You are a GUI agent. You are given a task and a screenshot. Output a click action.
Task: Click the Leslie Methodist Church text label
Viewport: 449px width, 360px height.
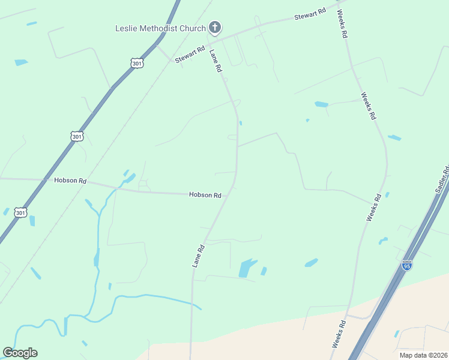click(x=160, y=28)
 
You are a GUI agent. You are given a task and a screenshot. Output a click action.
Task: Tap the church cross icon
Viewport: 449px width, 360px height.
click(x=215, y=28)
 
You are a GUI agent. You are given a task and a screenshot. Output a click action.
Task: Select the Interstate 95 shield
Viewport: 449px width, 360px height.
click(x=407, y=265)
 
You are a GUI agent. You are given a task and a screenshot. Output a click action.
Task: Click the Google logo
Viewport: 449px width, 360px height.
click(x=20, y=353)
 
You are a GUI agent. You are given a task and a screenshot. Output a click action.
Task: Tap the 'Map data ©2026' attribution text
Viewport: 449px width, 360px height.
click(x=423, y=355)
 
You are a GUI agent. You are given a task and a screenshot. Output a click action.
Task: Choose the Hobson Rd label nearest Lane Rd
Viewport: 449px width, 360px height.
click(x=205, y=195)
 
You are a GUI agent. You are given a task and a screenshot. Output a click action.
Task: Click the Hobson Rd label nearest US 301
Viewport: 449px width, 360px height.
click(x=70, y=180)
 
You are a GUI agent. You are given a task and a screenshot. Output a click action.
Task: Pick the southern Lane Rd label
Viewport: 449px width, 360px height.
click(x=199, y=255)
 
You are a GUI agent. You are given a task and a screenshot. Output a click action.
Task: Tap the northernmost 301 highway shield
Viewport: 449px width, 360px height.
click(x=137, y=62)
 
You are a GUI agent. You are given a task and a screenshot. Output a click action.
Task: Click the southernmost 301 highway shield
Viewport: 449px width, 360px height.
click(x=21, y=213)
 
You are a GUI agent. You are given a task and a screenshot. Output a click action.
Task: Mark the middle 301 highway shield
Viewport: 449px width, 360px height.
click(x=76, y=137)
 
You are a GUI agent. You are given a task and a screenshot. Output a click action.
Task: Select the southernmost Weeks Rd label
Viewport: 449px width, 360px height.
click(x=338, y=335)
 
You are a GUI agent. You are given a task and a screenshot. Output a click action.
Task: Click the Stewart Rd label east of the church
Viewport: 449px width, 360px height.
click(x=310, y=14)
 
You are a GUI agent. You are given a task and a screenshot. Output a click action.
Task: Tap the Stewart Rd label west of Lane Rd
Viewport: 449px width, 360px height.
click(x=190, y=55)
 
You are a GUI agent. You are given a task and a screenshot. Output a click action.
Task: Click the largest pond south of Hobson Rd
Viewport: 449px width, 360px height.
click(x=247, y=268)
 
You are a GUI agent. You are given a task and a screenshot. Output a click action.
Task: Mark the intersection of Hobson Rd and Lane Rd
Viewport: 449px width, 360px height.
click(x=231, y=191)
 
